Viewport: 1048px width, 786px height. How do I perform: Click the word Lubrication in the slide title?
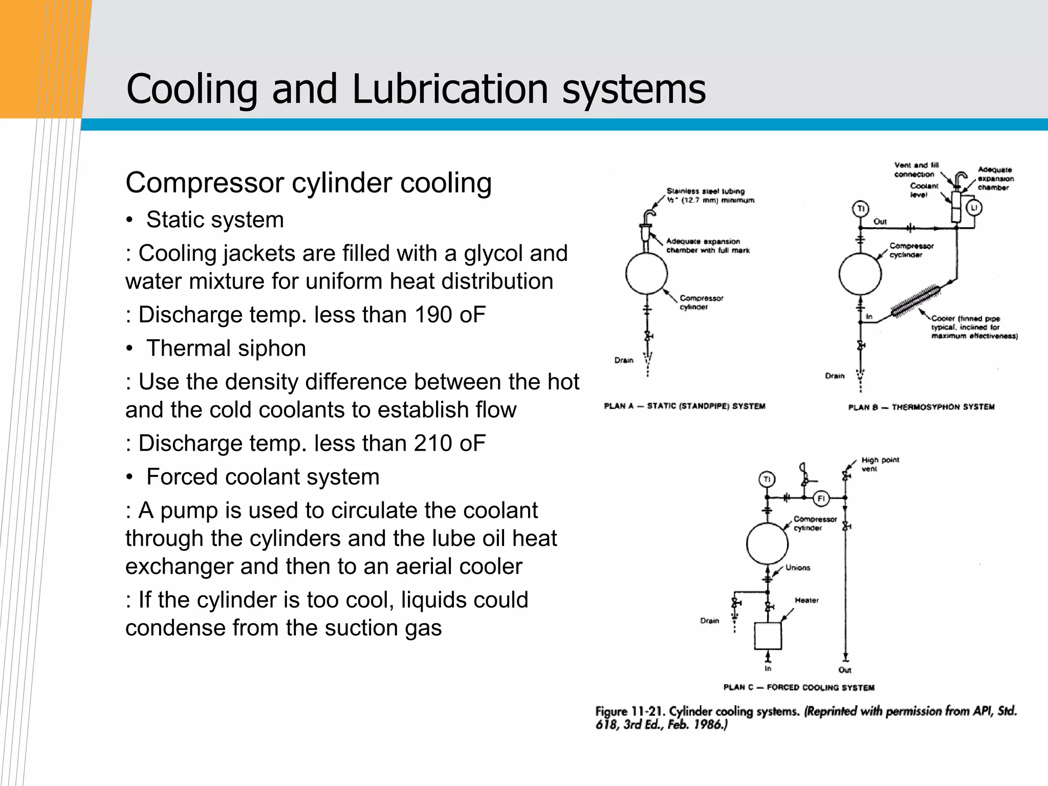pos(450,89)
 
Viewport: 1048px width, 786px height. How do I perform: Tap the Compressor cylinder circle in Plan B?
pos(860,274)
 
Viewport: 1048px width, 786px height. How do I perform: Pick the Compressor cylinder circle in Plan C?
pos(767,543)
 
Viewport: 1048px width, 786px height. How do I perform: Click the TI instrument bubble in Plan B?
pos(860,209)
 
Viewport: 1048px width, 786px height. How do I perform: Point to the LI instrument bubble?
pos(974,208)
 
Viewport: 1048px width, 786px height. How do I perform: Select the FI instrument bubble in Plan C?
pos(821,498)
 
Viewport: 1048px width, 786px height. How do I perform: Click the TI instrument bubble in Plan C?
pos(767,479)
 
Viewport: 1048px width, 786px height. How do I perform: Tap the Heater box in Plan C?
pos(768,636)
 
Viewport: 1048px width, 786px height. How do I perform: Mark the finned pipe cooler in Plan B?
pos(915,301)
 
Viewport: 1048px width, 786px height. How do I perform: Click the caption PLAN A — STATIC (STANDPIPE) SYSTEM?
pos(685,406)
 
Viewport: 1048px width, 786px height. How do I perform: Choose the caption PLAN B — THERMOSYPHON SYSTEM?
pos(921,407)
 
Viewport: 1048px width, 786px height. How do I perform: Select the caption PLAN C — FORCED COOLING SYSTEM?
pos(799,687)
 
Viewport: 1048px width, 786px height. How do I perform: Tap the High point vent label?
pos(880,464)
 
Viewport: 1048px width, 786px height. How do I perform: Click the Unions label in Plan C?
pos(798,567)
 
